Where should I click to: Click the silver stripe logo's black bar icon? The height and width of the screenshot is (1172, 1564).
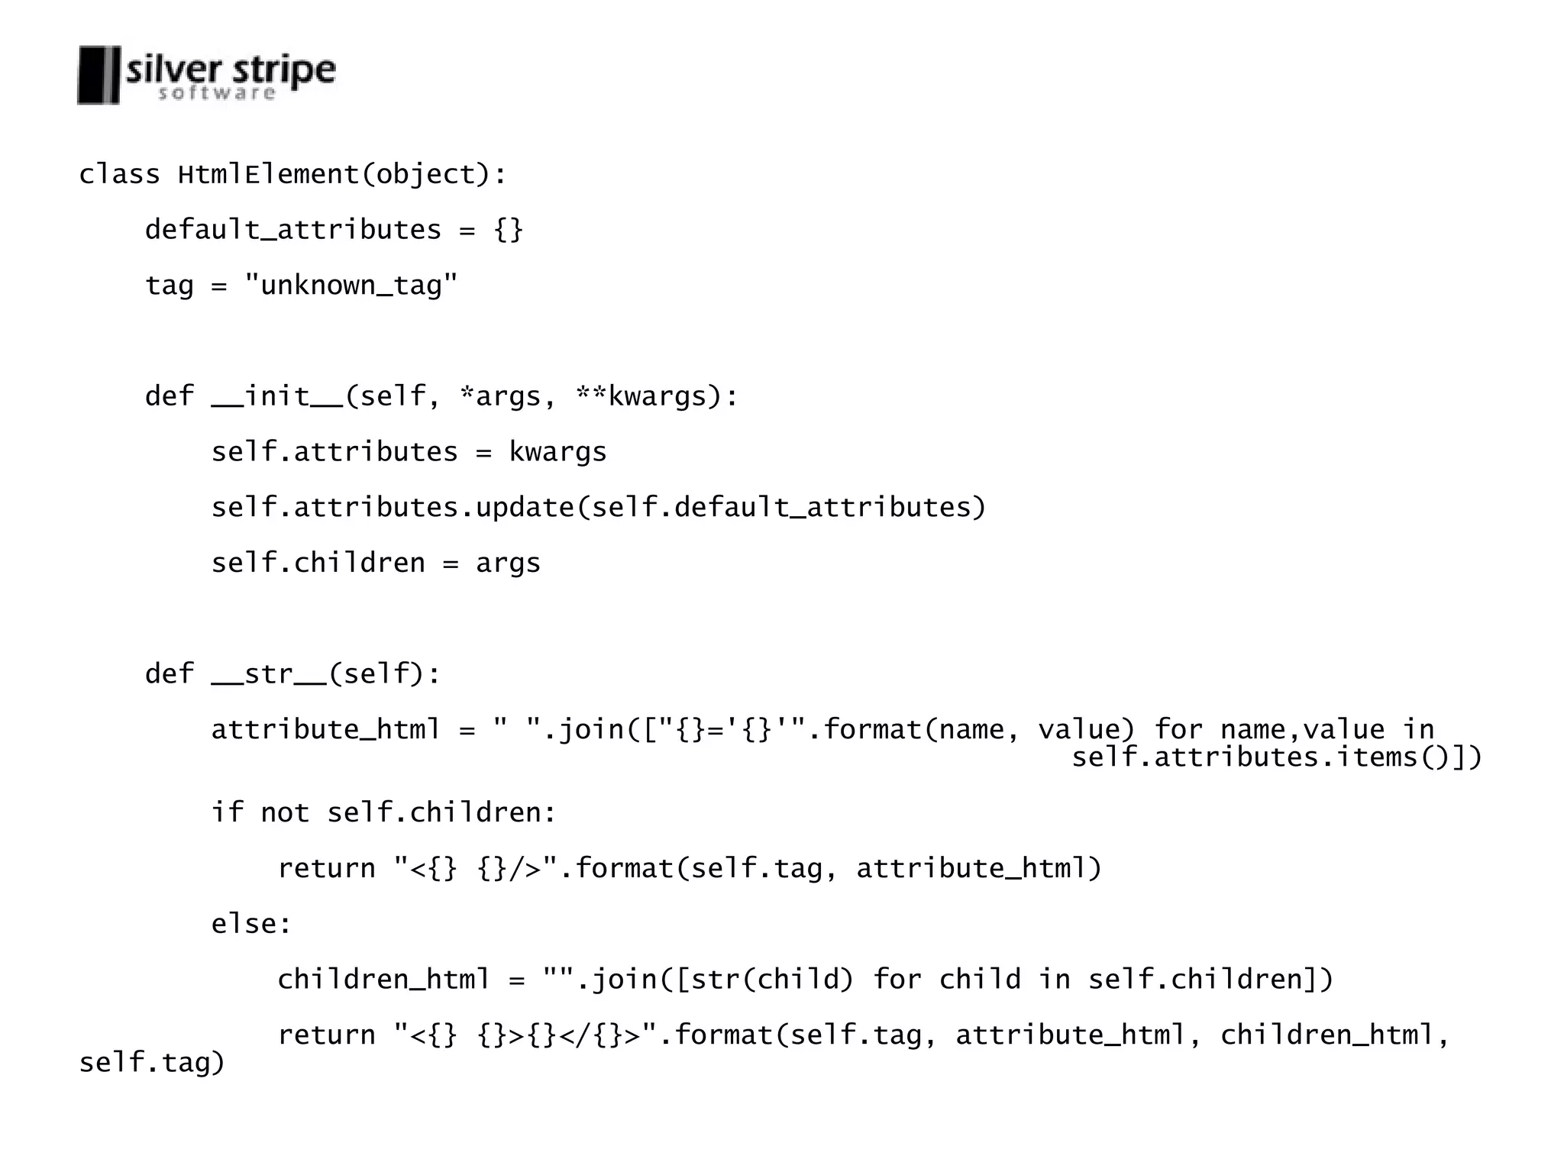(x=99, y=75)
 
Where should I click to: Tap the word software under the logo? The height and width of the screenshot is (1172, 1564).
(x=216, y=94)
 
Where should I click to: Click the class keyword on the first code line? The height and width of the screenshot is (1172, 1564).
(x=119, y=175)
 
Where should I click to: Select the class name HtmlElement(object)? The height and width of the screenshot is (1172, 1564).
(x=342, y=175)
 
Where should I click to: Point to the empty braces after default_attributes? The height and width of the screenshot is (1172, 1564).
(x=509, y=230)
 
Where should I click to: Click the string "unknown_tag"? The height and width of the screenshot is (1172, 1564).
(x=351, y=286)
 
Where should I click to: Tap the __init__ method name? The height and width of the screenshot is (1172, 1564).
(x=278, y=396)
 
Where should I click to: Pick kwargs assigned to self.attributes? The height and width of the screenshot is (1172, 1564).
(x=557, y=452)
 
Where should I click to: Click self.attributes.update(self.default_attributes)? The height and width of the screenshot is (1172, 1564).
(x=599, y=508)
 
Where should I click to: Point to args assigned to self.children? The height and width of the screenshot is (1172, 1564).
(x=508, y=563)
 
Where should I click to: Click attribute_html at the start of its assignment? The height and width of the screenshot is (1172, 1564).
(x=326, y=730)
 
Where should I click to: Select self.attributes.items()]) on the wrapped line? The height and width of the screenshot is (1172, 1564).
(x=1276, y=757)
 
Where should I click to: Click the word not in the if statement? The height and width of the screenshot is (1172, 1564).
(x=285, y=812)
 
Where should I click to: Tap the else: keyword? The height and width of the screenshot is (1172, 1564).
(x=251, y=924)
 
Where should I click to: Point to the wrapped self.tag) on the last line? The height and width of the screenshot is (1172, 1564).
(x=152, y=1063)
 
